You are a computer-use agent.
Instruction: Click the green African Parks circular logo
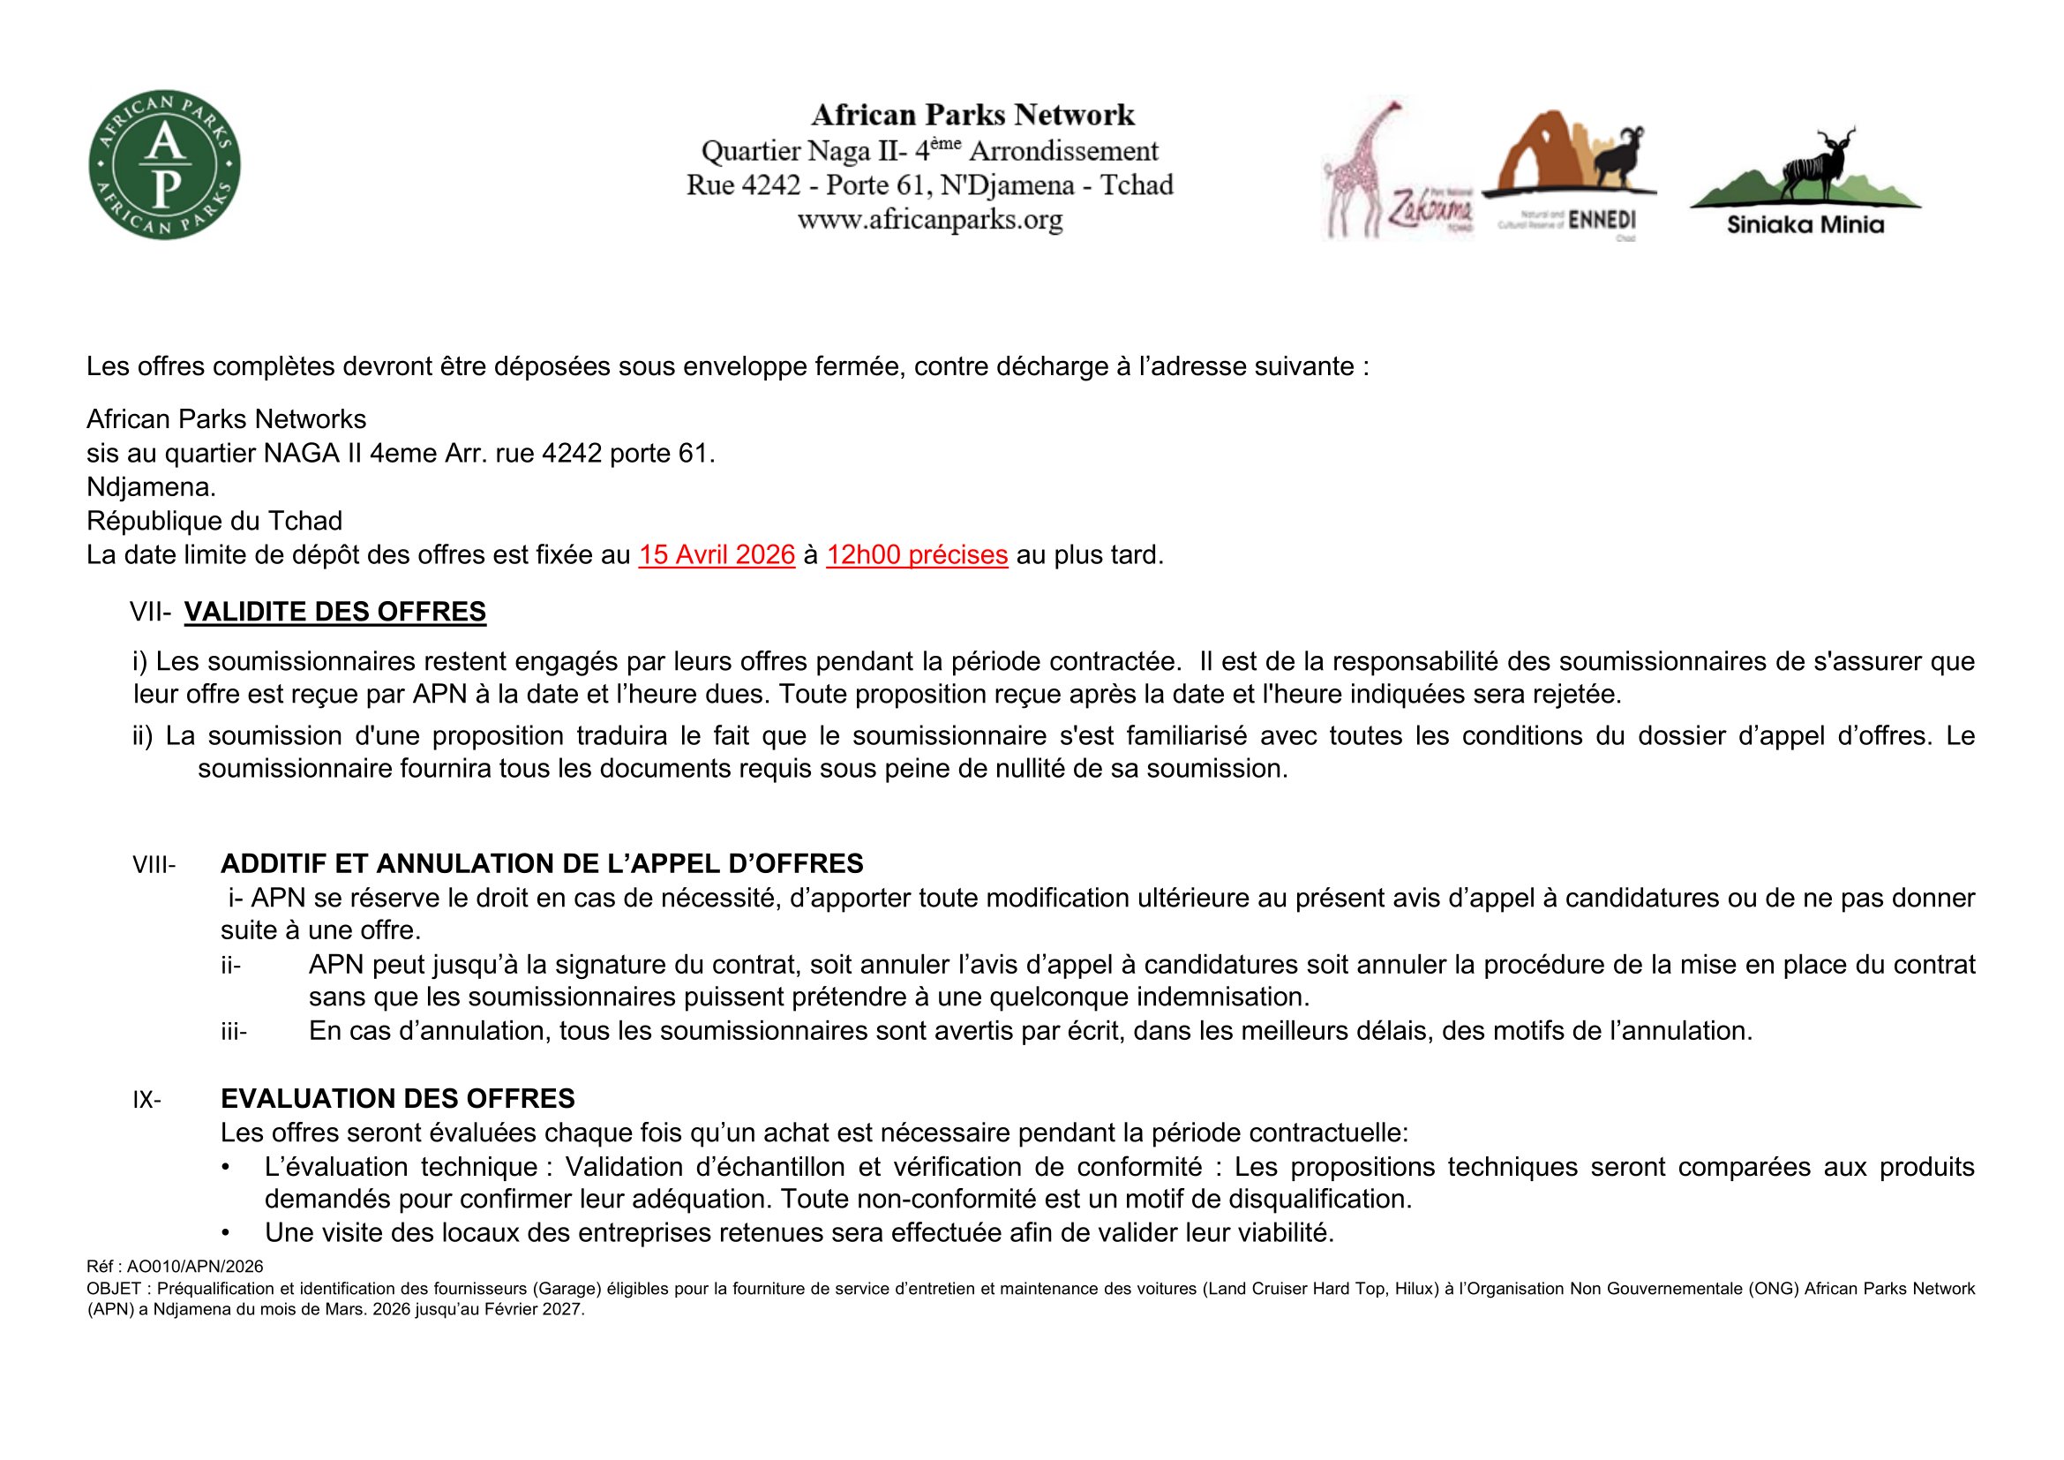tap(164, 164)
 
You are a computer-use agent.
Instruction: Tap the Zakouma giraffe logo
tap(1396, 171)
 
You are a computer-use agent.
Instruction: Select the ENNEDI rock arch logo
tap(1568, 171)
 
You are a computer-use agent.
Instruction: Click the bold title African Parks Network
tap(972, 115)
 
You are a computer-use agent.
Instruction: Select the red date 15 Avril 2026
tap(717, 555)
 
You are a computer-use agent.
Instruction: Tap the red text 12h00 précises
tap(916, 555)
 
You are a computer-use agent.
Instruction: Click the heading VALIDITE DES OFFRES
tap(334, 613)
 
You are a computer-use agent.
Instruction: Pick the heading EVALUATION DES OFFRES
tap(397, 1099)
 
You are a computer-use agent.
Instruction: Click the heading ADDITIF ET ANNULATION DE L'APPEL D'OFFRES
tap(541, 864)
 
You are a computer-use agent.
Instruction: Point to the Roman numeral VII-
tap(150, 613)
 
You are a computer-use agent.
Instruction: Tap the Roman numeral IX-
tap(146, 1100)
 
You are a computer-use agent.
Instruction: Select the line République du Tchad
tap(214, 522)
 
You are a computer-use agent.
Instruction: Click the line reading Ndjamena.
tap(151, 487)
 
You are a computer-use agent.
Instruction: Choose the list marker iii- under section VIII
tap(234, 1032)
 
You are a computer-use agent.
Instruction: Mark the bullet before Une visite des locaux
tap(226, 1233)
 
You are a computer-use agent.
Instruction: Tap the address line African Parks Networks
tap(227, 420)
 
